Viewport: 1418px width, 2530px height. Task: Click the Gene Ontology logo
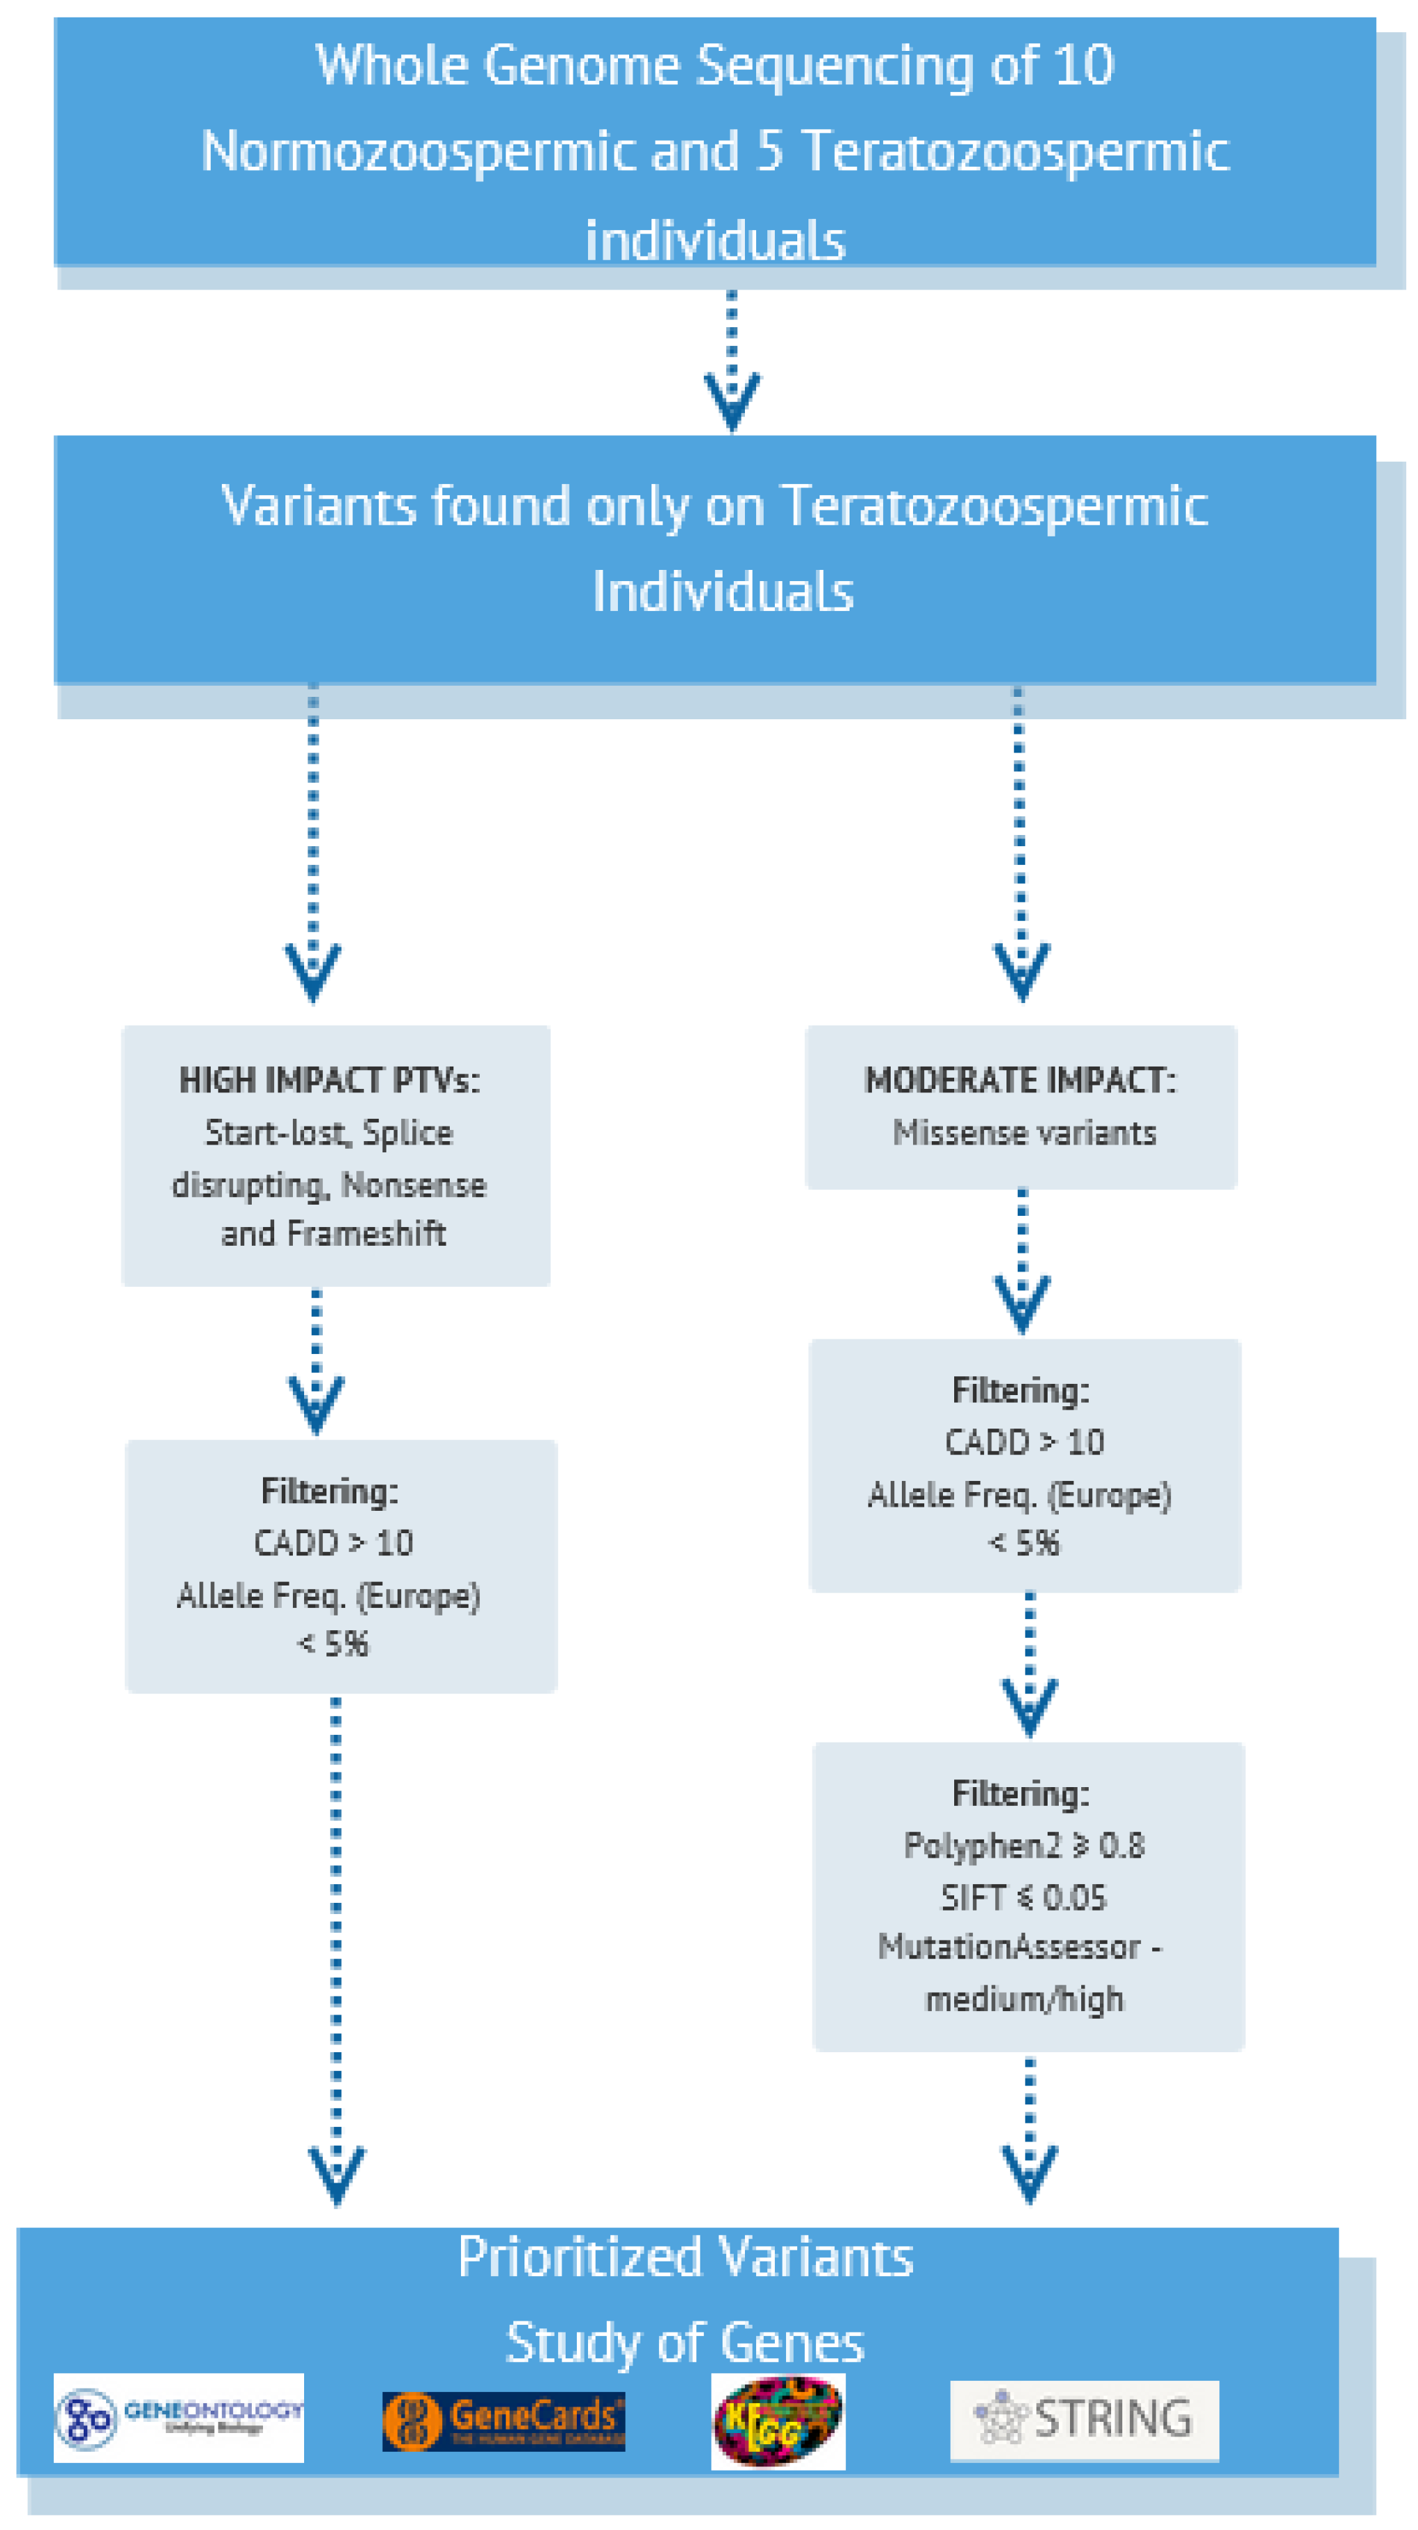[x=178, y=2418]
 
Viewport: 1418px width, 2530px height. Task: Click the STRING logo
[x=1083, y=2419]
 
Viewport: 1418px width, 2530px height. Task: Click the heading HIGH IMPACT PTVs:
[x=329, y=1080]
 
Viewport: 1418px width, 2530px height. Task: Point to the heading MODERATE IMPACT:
[x=1019, y=1080]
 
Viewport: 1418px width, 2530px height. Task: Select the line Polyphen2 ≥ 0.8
[x=1023, y=1846]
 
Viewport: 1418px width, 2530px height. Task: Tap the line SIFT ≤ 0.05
[x=1023, y=1897]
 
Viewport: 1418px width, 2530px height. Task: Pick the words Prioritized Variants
[x=686, y=2257]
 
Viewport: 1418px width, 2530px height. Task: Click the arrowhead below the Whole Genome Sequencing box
[x=732, y=400]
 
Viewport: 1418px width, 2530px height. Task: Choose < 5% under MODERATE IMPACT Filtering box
[x=1023, y=1543]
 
